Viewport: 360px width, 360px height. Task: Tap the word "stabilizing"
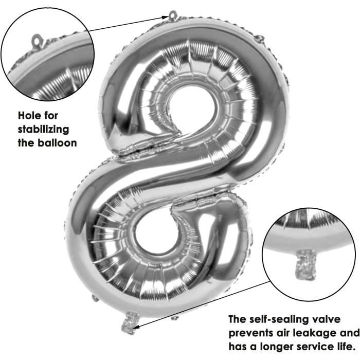(43, 130)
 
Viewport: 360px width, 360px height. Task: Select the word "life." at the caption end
(343, 347)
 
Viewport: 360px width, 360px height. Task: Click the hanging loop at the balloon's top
(173, 15)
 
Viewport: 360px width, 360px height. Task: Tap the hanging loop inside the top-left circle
(38, 41)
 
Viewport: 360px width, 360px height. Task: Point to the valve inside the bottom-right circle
(306, 264)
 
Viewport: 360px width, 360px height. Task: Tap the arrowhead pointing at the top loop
(165, 17)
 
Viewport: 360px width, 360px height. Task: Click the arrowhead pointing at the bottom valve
(135, 326)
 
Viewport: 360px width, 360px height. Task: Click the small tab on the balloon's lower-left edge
(95, 298)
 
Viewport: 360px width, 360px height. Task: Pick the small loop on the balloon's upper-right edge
(260, 39)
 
